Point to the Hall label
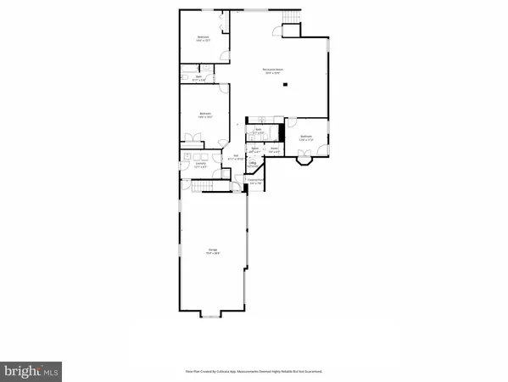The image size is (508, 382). (x=237, y=156)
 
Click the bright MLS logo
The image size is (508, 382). (x=31, y=370)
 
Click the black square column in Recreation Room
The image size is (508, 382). (x=287, y=84)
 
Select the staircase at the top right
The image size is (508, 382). (x=293, y=19)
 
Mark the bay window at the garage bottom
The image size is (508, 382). (x=214, y=317)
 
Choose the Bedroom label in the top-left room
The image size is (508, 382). (x=204, y=37)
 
